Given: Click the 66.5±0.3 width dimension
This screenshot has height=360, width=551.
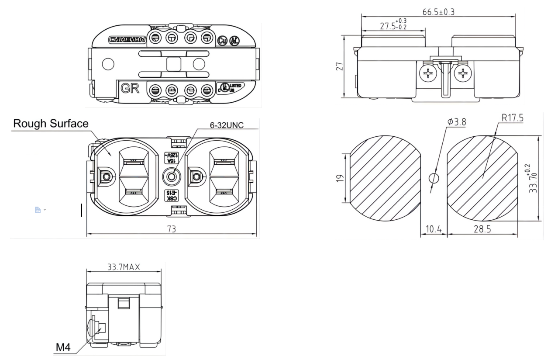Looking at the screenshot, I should point(438,12).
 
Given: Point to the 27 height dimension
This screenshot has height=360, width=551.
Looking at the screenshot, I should point(339,66).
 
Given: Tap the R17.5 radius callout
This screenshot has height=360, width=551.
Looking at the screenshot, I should point(513,118).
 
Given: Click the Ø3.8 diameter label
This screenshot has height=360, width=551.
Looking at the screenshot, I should point(456,122).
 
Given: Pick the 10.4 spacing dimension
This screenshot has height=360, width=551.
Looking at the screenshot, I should point(433,228).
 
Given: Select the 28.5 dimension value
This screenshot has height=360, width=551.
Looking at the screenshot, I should point(482,228).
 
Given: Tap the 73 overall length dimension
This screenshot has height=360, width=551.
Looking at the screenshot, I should point(171,228).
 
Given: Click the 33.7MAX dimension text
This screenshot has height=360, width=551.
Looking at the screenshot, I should point(124,267).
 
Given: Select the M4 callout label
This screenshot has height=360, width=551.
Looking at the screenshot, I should point(63,348).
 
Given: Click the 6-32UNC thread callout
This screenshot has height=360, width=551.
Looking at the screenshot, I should point(227,125).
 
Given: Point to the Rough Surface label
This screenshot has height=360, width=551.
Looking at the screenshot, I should point(51,124).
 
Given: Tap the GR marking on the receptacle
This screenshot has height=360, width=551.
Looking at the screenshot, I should point(130,89).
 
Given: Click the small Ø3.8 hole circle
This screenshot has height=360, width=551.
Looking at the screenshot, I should point(434,178).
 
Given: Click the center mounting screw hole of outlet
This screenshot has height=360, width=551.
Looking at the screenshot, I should point(171,177).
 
